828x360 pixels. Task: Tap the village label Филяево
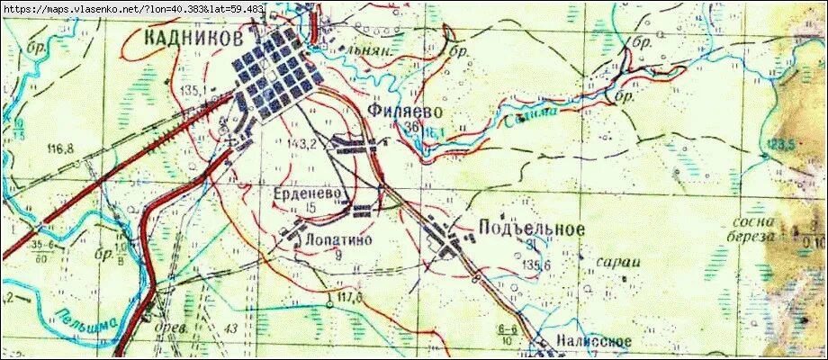click(x=406, y=110)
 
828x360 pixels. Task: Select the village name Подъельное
click(x=533, y=229)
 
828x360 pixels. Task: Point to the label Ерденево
click(x=308, y=193)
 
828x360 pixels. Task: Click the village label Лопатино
click(x=337, y=241)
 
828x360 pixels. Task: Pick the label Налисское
click(x=593, y=342)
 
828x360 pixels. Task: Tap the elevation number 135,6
click(x=534, y=264)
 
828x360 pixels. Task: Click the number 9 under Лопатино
click(x=337, y=256)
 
